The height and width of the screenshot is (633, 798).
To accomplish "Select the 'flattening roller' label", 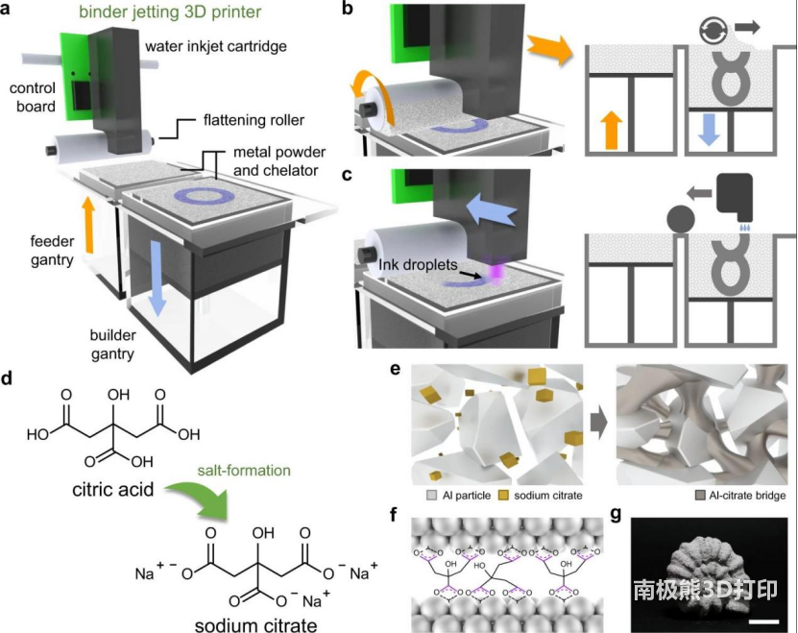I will [x=252, y=120].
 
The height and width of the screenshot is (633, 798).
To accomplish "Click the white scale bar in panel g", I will [x=763, y=622].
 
